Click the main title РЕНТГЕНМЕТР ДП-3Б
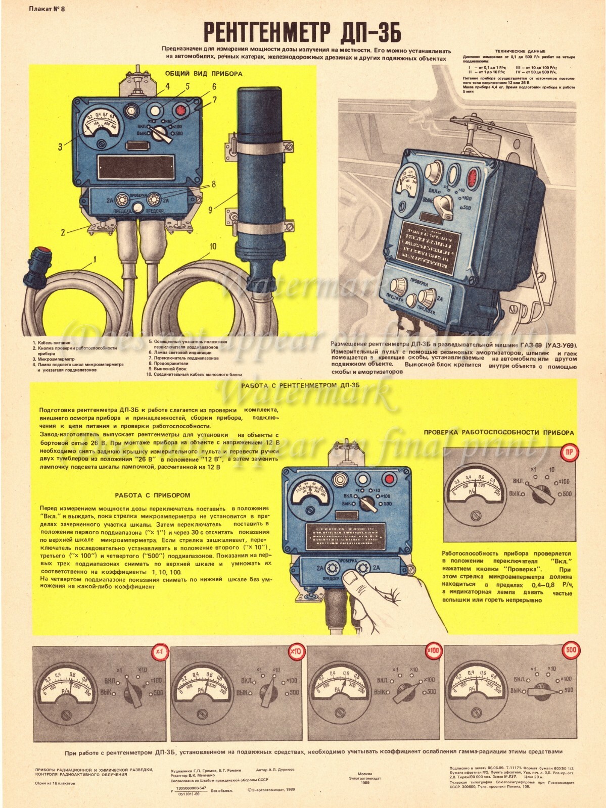pyautogui.click(x=302, y=33)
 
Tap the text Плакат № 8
pyautogui.click(x=47, y=9)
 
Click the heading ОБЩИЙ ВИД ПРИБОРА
pyautogui.click(x=203, y=74)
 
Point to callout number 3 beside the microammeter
pyautogui.click(x=60, y=147)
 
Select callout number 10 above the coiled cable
pyautogui.click(x=212, y=246)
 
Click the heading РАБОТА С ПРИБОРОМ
pyautogui.click(x=152, y=495)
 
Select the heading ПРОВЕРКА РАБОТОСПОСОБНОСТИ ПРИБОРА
pyautogui.click(x=498, y=433)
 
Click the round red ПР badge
pyautogui.click(x=569, y=452)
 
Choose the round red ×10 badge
pyautogui.click(x=296, y=652)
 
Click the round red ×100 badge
pyautogui.click(x=434, y=651)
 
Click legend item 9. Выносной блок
pyautogui.click(x=168, y=369)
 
